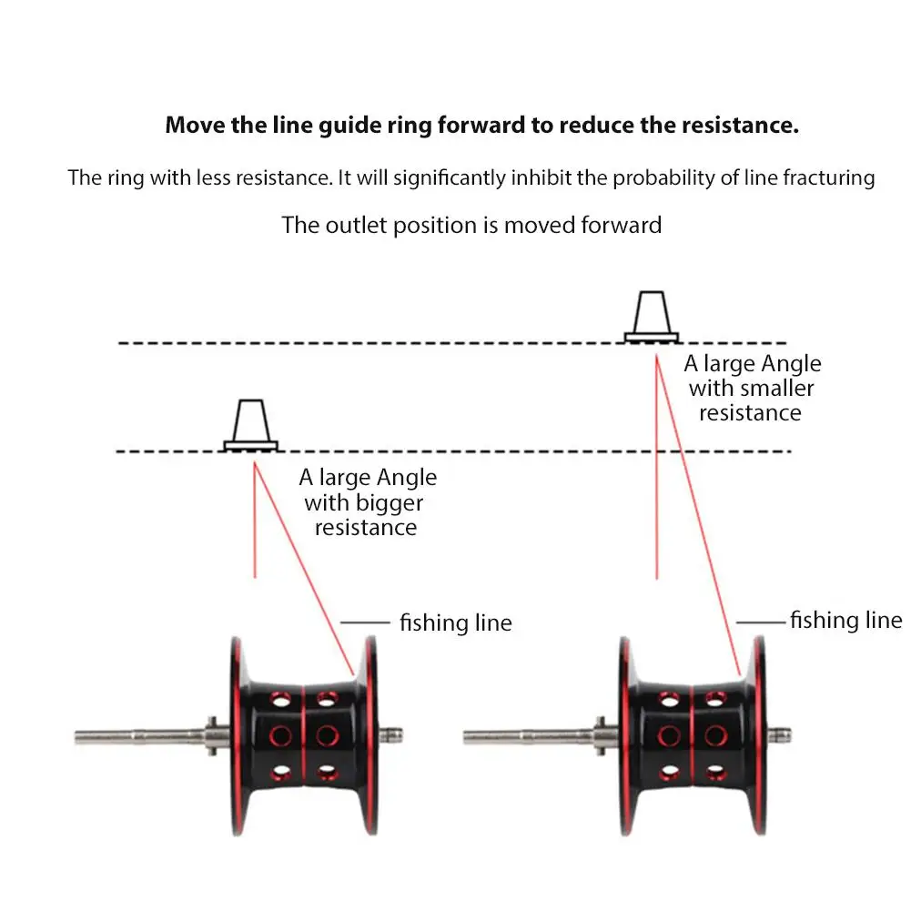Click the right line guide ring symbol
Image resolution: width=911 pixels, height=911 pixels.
(x=652, y=316)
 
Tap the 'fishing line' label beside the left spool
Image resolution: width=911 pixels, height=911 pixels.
(x=455, y=623)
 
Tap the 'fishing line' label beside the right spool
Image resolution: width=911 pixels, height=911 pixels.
(x=845, y=621)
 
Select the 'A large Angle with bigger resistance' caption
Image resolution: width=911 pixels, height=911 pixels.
(x=367, y=502)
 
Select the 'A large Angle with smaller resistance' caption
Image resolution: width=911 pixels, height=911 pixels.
(x=752, y=389)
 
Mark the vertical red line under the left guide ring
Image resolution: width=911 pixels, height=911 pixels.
(x=255, y=519)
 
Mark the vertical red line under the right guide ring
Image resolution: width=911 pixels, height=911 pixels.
(x=656, y=464)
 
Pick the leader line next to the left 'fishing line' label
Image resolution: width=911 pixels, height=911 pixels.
(x=365, y=623)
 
